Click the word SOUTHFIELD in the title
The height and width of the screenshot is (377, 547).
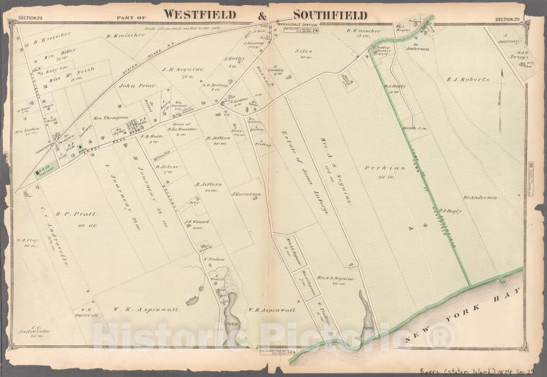pos(321,15)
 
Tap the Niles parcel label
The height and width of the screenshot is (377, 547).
pos(302,52)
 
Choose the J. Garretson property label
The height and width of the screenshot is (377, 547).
pos(245,194)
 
